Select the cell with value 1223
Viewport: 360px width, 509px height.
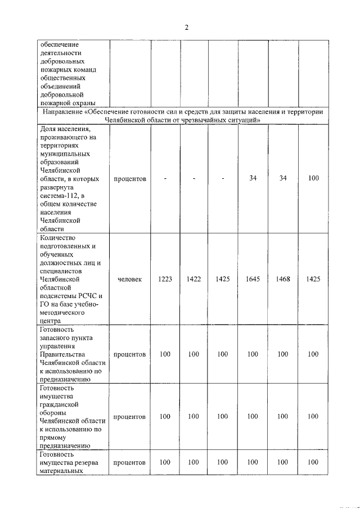[165, 280]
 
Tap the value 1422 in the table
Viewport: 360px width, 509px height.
[193, 280]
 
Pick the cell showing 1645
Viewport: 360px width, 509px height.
[253, 280]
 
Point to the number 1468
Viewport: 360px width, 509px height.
[282, 280]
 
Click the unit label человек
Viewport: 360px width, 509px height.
[130, 280]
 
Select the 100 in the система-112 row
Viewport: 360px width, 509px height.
[313, 178]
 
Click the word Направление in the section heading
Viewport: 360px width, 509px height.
[62, 112]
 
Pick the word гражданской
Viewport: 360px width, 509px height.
[58, 404]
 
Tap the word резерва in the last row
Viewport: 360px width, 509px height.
[86, 462]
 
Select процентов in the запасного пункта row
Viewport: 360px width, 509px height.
[130, 354]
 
